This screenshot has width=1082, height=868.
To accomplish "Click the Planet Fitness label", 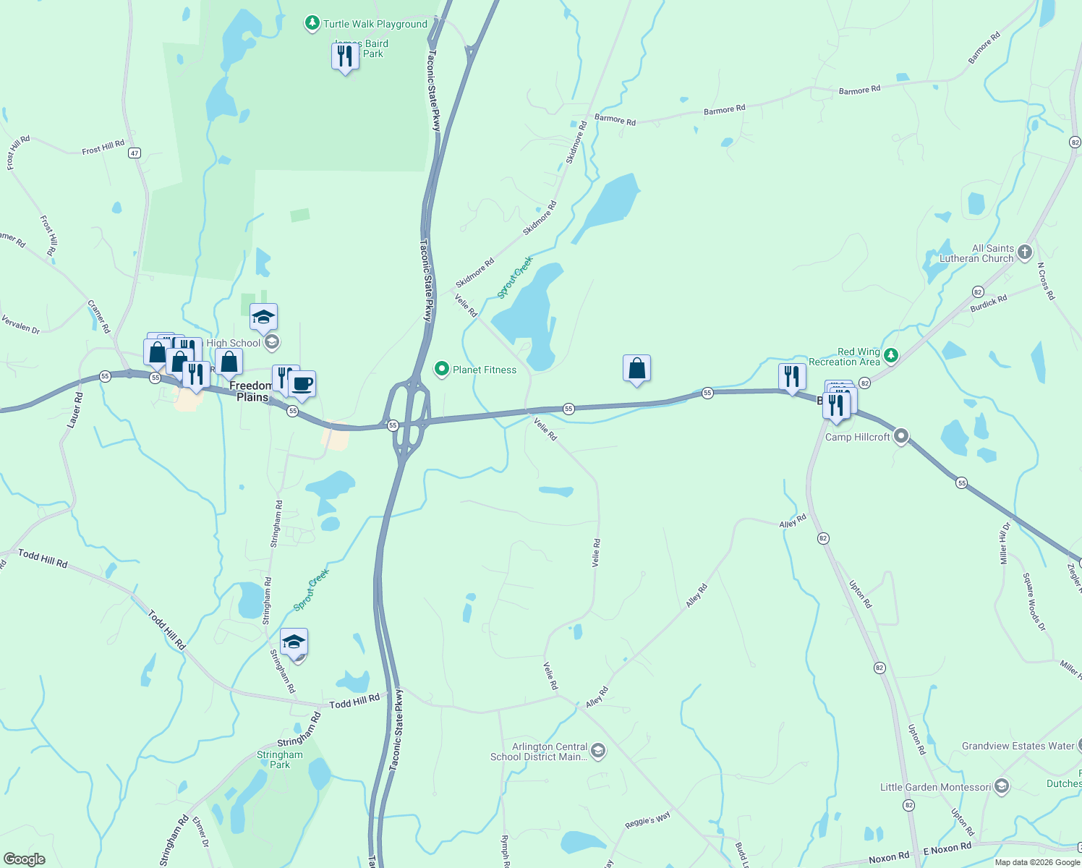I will click(x=485, y=370).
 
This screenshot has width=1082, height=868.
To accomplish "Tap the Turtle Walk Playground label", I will click(x=375, y=24).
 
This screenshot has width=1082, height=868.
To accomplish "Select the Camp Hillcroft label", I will click(x=857, y=437).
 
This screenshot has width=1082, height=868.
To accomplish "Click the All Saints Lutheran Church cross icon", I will click(x=1024, y=252).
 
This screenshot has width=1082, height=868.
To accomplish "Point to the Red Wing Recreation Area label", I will click(x=844, y=357).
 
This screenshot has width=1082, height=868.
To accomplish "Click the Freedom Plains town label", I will click(x=252, y=391).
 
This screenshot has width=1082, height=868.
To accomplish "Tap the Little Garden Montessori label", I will click(x=935, y=787).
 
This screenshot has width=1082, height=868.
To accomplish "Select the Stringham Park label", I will click(x=280, y=759).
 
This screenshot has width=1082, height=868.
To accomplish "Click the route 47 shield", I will click(x=135, y=153).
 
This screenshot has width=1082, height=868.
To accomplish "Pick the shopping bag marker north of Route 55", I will click(x=636, y=369).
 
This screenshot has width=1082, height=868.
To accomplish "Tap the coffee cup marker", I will click(x=302, y=383).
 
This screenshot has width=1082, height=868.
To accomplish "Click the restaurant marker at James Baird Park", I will click(x=345, y=56).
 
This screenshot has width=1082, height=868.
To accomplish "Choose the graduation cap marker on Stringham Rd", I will click(x=294, y=642).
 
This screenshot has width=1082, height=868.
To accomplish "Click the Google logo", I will click(x=25, y=859).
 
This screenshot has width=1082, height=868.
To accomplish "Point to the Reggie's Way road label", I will click(x=647, y=821).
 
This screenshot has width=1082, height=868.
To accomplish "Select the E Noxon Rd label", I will click(x=947, y=848).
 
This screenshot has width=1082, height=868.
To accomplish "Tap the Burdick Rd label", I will click(x=989, y=303).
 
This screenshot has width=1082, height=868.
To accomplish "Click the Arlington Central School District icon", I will click(x=598, y=751).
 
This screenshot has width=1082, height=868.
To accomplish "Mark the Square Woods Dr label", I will click(x=1034, y=602).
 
